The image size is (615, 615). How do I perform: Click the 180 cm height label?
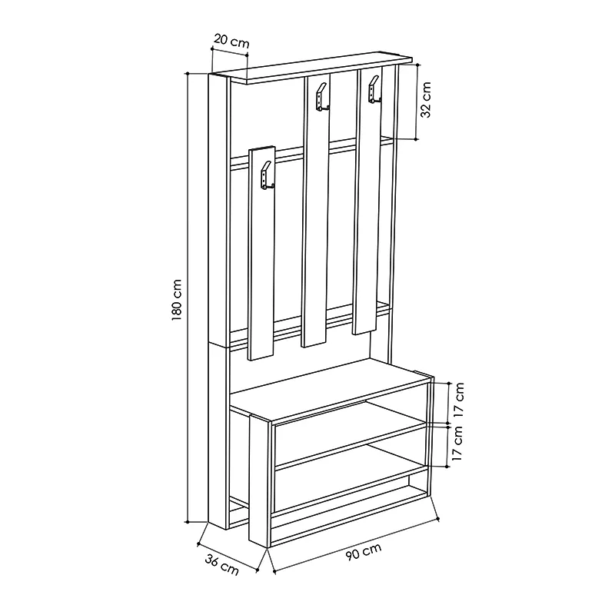point(177,300)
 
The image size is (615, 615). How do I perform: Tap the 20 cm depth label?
point(231,41)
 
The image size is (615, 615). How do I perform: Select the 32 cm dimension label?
point(426,100)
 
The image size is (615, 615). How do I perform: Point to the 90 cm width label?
point(364,551)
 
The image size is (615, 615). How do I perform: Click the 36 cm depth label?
point(221,565)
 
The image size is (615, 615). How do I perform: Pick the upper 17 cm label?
point(458,399)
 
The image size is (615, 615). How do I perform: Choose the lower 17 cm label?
point(457,444)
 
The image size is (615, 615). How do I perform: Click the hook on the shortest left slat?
point(266,177)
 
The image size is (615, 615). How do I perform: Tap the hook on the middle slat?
point(322,98)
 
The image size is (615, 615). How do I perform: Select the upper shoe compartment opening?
point(350,444)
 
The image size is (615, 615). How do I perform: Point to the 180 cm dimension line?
point(188,298)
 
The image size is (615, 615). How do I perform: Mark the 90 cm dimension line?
point(356,546)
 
